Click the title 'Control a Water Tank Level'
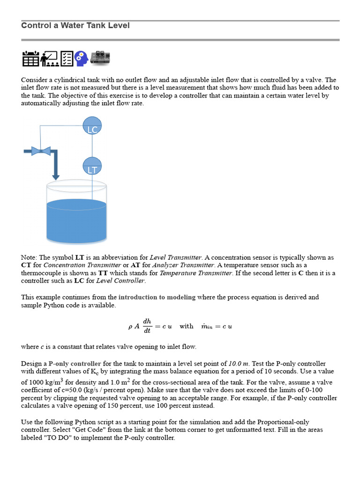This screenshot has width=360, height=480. [x=75, y=25]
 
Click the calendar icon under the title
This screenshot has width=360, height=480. [x=30, y=59]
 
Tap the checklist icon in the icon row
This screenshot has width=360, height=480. [x=67, y=59]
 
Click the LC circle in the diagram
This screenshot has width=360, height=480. [x=92, y=126]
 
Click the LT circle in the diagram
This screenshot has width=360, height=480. [x=92, y=167]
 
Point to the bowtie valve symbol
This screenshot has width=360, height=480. [x=41, y=150]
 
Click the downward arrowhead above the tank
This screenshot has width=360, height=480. [x=56, y=177]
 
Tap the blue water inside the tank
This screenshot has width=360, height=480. [x=77, y=223]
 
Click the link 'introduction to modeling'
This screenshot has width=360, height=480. [x=157, y=297]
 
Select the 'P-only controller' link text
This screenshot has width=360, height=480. [x=75, y=363]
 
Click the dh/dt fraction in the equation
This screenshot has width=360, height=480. [x=147, y=326]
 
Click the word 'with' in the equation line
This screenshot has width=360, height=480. [x=186, y=326]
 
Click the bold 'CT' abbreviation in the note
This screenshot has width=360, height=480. [x=26, y=265]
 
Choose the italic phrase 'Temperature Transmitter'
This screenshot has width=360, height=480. [x=196, y=273]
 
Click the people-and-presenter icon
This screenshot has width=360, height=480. [x=49, y=59]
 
